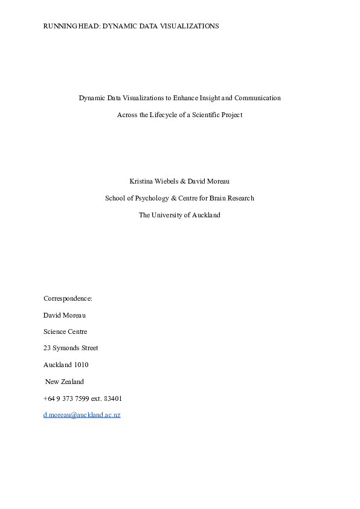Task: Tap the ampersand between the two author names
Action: click(182, 181)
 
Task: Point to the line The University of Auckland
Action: click(179, 215)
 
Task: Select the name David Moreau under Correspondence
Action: click(65, 315)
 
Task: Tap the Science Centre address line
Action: click(65, 331)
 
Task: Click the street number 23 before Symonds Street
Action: click(47, 348)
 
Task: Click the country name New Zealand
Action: click(65, 382)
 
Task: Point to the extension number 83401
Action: click(113, 399)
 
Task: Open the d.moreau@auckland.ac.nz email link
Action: click(82, 415)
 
